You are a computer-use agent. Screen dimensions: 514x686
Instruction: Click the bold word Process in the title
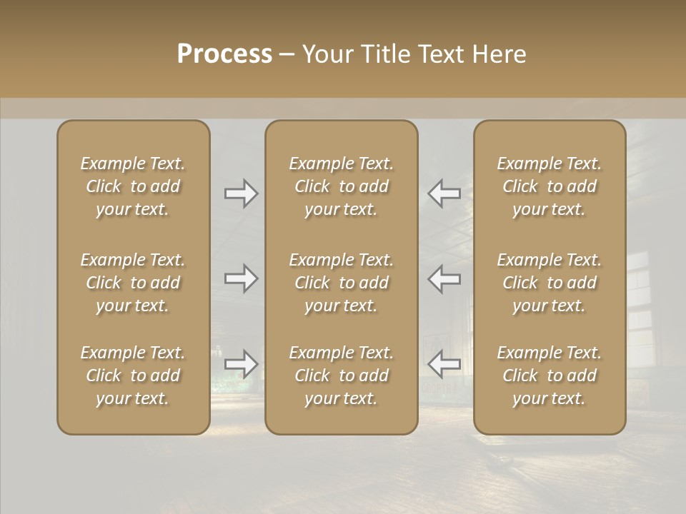pyautogui.click(x=224, y=54)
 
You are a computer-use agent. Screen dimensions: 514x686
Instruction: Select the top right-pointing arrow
pyautogui.click(x=241, y=193)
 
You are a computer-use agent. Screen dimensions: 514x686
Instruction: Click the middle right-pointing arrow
pyautogui.click(x=241, y=278)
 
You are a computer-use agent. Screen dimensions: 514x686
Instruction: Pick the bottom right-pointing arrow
pyautogui.click(x=241, y=364)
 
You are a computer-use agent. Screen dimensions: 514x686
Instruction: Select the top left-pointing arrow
pyautogui.click(x=444, y=193)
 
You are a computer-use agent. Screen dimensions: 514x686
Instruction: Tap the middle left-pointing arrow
pyautogui.click(x=444, y=278)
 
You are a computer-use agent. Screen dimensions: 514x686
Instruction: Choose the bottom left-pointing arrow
pyautogui.click(x=444, y=364)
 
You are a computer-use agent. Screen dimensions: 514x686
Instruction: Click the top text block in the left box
pyautogui.click(x=133, y=186)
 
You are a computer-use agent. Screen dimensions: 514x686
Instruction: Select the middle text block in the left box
pyautogui.click(x=133, y=283)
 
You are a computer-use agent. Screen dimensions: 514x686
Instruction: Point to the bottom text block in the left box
pyautogui.click(x=133, y=376)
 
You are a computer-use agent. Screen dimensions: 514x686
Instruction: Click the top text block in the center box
pyautogui.click(x=341, y=186)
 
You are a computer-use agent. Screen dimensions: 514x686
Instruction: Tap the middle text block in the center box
pyautogui.click(x=341, y=283)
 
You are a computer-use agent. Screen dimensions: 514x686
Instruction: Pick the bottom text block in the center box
pyautogui.click(x=341, y=376)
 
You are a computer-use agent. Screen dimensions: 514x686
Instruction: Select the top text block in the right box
pyautogui.click(x=549, y=186)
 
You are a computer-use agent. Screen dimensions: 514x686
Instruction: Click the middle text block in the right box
pyautogui.click(x=549, y=283)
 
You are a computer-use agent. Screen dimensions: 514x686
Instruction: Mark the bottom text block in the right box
pyautogui.click(x=549, y=376)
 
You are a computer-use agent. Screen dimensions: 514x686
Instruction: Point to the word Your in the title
pyautogui.click(x=327, y=54)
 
